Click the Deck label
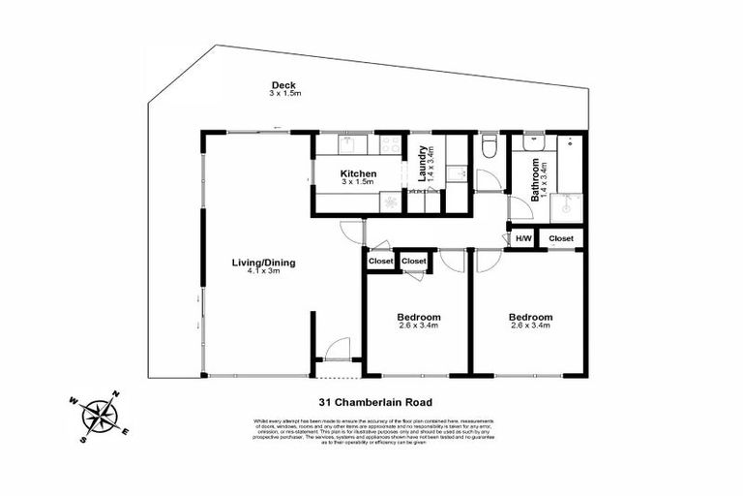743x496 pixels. (x=283, y=84)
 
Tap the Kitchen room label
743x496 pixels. (x=358, y=174)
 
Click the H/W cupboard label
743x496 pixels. (x=523, y=238)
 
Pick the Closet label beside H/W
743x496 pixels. (x=561, y=238)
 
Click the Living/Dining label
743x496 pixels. (x=263, y=263)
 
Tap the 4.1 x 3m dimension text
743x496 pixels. (x=263, y=272)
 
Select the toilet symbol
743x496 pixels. (x=489, y=147)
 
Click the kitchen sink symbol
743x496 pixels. (x=347, y=144)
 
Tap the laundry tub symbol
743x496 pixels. (x=457, y=175)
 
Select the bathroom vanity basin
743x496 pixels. (x=531, y=144)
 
